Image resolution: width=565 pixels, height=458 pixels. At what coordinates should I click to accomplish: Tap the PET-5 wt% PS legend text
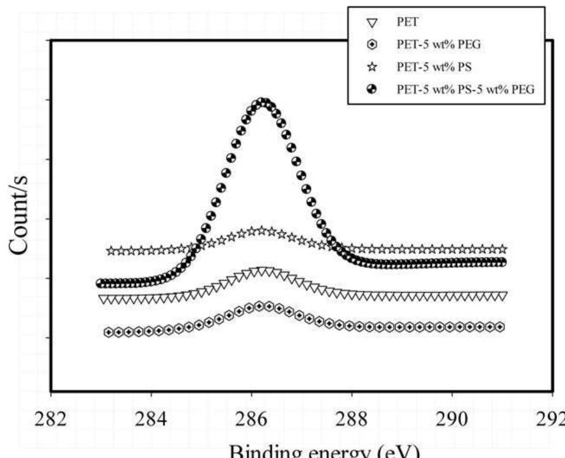tap(434, 66)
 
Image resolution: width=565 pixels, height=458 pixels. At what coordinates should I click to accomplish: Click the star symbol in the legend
tap(372, 66)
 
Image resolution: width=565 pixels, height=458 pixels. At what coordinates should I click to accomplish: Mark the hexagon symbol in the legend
tap(372, 45)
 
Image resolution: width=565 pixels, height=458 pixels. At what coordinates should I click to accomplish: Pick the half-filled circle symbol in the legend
tap(372, 88)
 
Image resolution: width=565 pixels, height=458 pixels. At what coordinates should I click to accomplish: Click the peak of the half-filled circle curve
tap(263, 103)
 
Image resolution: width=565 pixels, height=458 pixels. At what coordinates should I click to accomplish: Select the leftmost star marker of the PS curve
tap(111, 251)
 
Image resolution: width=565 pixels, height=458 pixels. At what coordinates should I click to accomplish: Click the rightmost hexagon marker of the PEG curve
tap(500, 327)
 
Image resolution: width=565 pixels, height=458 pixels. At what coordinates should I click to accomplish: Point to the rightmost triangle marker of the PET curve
tap(503, 296)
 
